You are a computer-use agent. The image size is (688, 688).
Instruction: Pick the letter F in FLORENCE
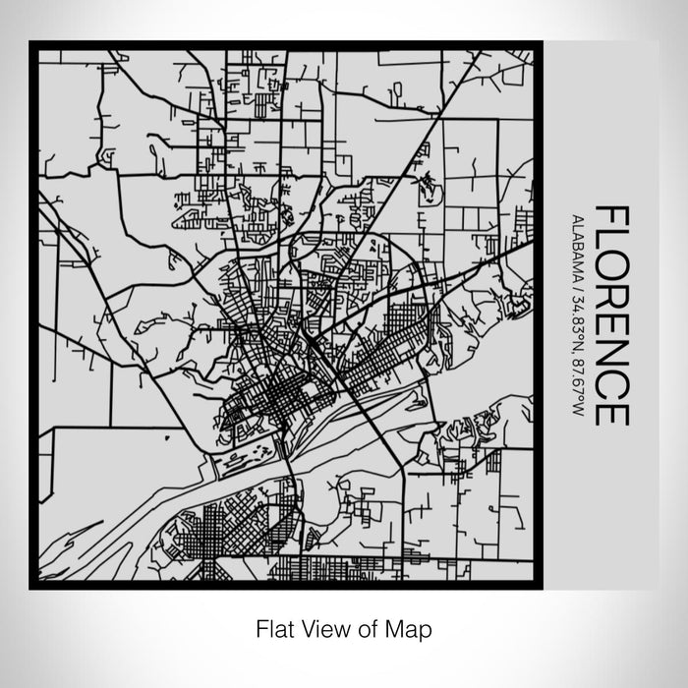click(x=610, y=216)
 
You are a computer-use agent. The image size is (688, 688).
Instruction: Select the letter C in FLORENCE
click(x=610, y=385)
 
